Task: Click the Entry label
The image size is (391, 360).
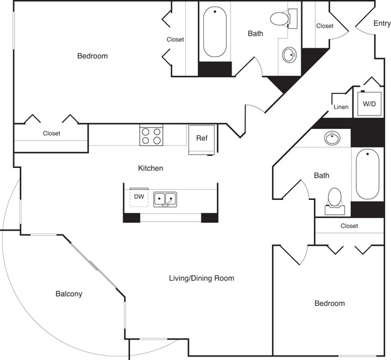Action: coord(382,23)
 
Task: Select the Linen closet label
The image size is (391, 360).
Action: coord(340,107)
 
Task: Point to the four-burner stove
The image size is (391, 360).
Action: coord(152,136)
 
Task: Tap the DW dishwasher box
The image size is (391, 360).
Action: coord(139,196)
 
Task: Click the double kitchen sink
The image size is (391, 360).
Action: coord(164,198)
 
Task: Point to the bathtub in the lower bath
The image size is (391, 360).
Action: coord(367,175)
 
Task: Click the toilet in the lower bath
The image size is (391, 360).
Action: coord(335,199)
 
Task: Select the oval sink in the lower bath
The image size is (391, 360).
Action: coord(332,138)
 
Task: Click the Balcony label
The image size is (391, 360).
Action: coord(69,294)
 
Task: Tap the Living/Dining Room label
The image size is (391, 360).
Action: coord(201,278)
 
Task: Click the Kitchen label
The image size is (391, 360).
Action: coord(150,169)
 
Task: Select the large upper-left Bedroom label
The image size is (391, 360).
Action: coord(93,56)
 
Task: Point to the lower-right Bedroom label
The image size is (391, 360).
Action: coord(330,303)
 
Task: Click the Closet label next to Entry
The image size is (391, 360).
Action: coord(325,26)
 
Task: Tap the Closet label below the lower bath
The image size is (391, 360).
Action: coord(349,226)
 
